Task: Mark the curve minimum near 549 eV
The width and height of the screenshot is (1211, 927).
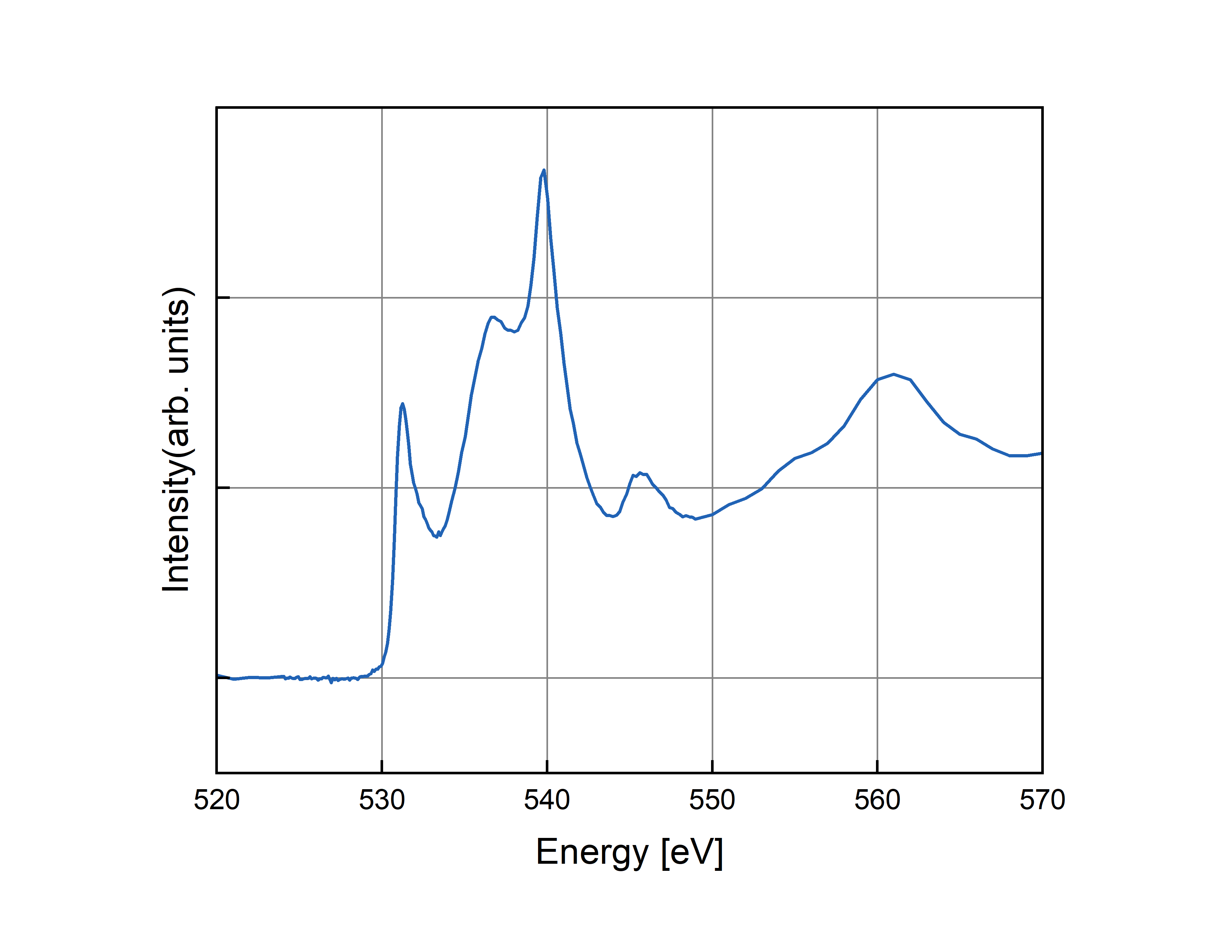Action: point(696,519)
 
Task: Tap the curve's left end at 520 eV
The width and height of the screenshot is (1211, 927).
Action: point(218,675)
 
